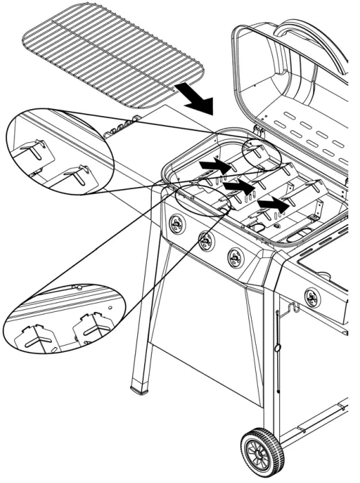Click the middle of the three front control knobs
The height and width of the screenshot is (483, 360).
(x=206, y=241)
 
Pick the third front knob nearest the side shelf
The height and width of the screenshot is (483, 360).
(x=236, y=258)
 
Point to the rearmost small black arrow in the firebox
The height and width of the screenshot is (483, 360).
(x=214, y=166)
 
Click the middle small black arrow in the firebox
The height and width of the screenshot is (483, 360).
(x=239, y=186)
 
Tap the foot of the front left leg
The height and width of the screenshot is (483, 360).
(x=143, y=387)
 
